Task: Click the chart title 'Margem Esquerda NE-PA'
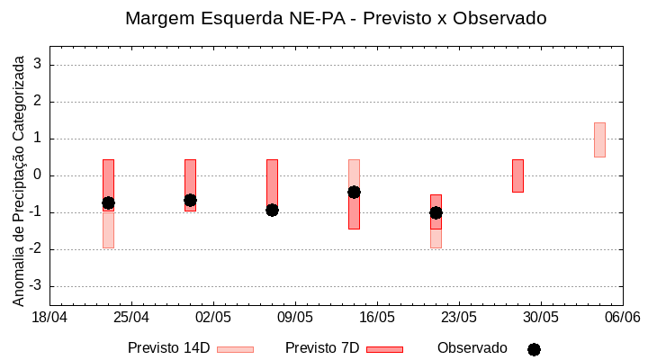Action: click(x=335, y=18)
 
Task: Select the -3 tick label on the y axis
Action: click(x=36, y=286)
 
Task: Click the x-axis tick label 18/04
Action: click(x=49, y=318)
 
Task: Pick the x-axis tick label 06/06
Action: click(x=622, y=318)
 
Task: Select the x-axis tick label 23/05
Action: click(x=459, y=318)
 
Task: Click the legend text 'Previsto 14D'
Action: click(x=168, y=348)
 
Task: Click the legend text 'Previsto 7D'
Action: click(x=322, y=348)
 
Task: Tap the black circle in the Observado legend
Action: click(x=534, y=349)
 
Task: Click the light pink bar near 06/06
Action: click(x=599, y=139)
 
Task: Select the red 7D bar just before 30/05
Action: click(x=517, y=175)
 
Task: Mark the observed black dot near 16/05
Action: click(x=354, y=192)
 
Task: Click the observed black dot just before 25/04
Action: click(x=108, y=202)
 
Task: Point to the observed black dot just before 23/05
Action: click(x=436, y=212)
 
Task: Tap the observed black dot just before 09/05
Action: click(x=272, y=210)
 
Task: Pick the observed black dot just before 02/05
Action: click(x=190, y=200)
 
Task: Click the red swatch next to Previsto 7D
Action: click(x=384, y=349)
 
